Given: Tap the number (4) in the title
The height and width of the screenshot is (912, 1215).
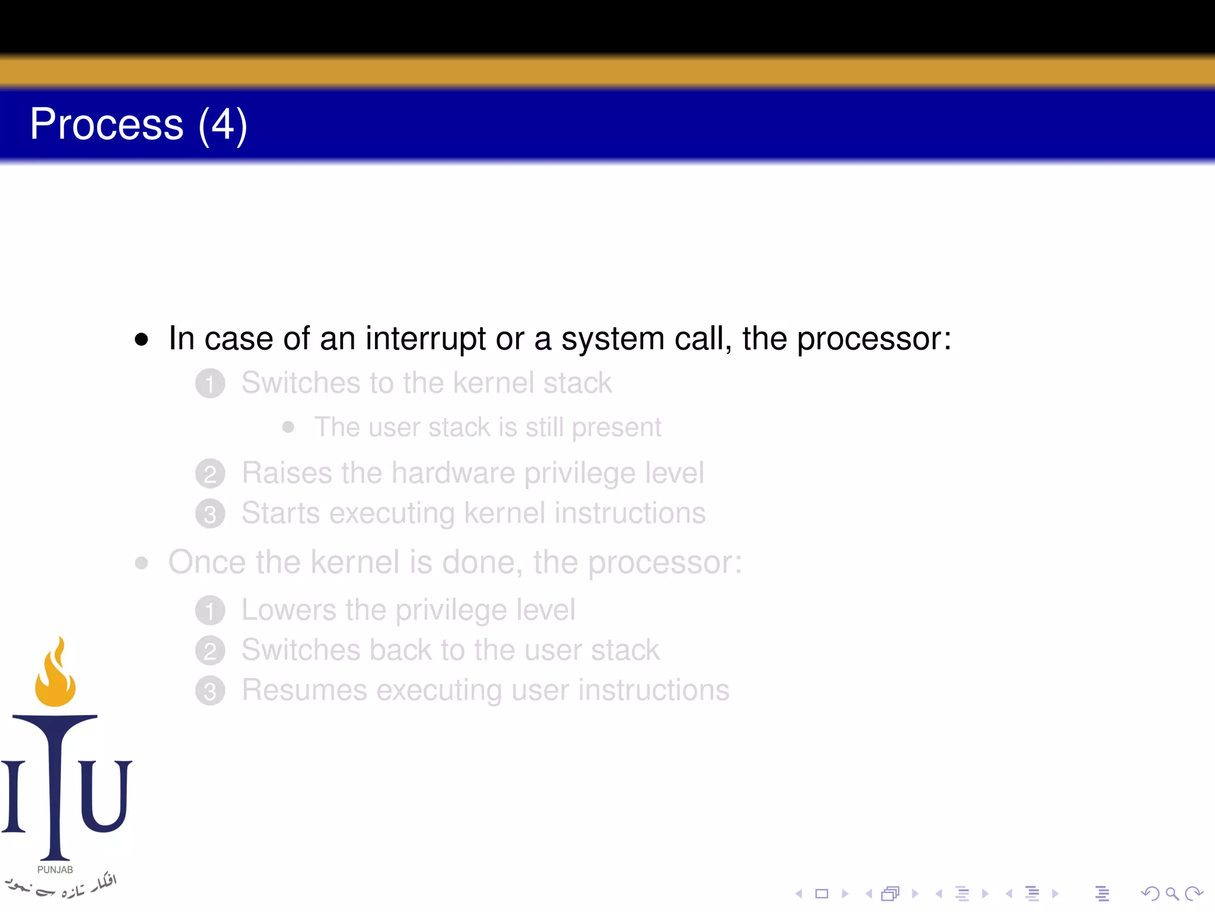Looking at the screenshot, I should (222, 126).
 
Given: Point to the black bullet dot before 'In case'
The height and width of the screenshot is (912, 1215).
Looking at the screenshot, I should (141, 340).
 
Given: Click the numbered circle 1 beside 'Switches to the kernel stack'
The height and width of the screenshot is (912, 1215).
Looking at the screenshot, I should (210, 384).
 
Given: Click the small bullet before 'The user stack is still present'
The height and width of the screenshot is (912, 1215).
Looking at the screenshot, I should (288, 427).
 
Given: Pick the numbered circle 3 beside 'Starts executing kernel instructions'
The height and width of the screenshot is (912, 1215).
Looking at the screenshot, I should (210, 514).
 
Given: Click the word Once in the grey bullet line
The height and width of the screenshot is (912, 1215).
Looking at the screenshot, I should (206, 562).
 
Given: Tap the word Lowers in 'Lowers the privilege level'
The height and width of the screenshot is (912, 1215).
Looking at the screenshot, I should (289, 610).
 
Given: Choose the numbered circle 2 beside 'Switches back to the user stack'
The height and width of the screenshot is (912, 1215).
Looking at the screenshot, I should (210, 651).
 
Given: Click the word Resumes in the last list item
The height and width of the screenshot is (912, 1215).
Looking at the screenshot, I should (304, 691).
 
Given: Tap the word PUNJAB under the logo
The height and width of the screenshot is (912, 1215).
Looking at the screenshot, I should (55, 870).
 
